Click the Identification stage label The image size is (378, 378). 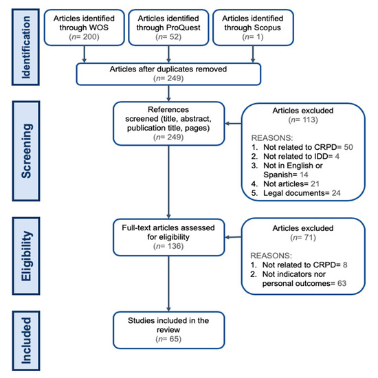click(x=26, y=47)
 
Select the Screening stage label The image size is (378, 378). click(x=26, y=151)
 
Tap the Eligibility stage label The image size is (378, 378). click(x=26, y=256)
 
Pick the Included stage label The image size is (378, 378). click(x=26, y=340)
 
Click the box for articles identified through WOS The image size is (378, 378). click(x=84, y=27)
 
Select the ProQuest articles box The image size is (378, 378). click(x=168, y=27)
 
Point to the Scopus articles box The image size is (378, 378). click(x=253, y=27)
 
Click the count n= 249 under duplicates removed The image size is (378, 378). click(x=168, y=78)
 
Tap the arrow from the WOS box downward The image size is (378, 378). click(x=84, y=54)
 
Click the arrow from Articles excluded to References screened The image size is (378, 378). click(x=233, y=124)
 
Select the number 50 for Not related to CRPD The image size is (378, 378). click(x=348, y=147)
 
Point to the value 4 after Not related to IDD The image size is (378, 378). click(x=337, y=156)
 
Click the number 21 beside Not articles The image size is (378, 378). click(x=315, y=184)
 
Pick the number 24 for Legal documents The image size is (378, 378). click(x=336, y=193)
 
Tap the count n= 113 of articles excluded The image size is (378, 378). click(x=303, y=120)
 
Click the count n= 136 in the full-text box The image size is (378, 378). click(x=168, y=246)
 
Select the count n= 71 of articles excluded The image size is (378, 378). click(x=303, y=238)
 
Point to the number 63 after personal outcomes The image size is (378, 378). click(x=342, y=283)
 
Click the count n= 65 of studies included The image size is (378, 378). click(x=168, y=339)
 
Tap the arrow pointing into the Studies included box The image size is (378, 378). click(x=168, y=284)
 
